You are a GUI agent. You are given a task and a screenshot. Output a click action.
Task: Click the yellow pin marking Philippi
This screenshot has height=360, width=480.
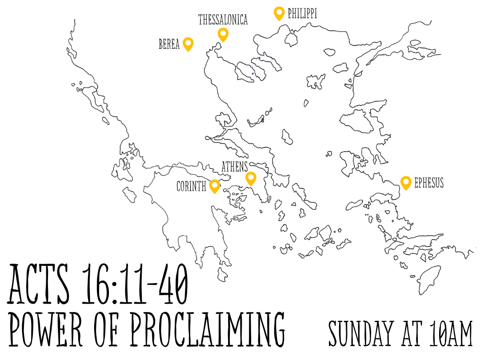pyautogui.click(x=279, y=13)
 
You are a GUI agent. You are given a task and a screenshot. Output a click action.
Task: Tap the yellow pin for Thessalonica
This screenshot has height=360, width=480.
pyautogui.click(x=223, y=34)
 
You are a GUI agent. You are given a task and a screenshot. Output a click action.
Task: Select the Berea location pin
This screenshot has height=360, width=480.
pyautogui.click(x=188, y=43)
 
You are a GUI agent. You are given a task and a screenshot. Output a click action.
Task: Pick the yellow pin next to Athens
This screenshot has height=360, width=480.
pyautogui.click(x=251, y=178)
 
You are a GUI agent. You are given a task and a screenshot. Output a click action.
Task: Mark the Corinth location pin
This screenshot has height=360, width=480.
pyautogui.click(x=215, y=185)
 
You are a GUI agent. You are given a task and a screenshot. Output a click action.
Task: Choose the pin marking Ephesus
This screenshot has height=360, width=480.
pyautogui.click(x=405, y=182)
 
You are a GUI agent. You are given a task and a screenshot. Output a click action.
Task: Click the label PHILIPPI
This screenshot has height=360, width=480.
pyautogui.click(x=302, y=13)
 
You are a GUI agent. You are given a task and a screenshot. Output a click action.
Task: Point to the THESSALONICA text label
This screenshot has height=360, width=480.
pyautogui.click(x=223, y=20)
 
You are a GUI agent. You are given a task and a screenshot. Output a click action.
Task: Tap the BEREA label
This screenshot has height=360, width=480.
pyautogui.click(x=169, y=44)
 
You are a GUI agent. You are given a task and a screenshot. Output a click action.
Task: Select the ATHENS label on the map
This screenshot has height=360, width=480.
pyautogui.click(x=235, y=167)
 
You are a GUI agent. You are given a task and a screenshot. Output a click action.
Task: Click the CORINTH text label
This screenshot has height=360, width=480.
pyautogui.click(x=192, y=186)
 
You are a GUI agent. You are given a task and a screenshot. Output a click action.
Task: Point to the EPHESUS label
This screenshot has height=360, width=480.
pyautogui.click(x=429, y=183)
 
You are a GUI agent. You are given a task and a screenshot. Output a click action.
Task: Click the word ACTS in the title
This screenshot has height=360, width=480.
pyautogui.click(x=39, y=285)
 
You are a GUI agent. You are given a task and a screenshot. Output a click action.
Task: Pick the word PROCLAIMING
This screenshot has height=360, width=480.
pyautogui.click(x=208, y=330)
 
